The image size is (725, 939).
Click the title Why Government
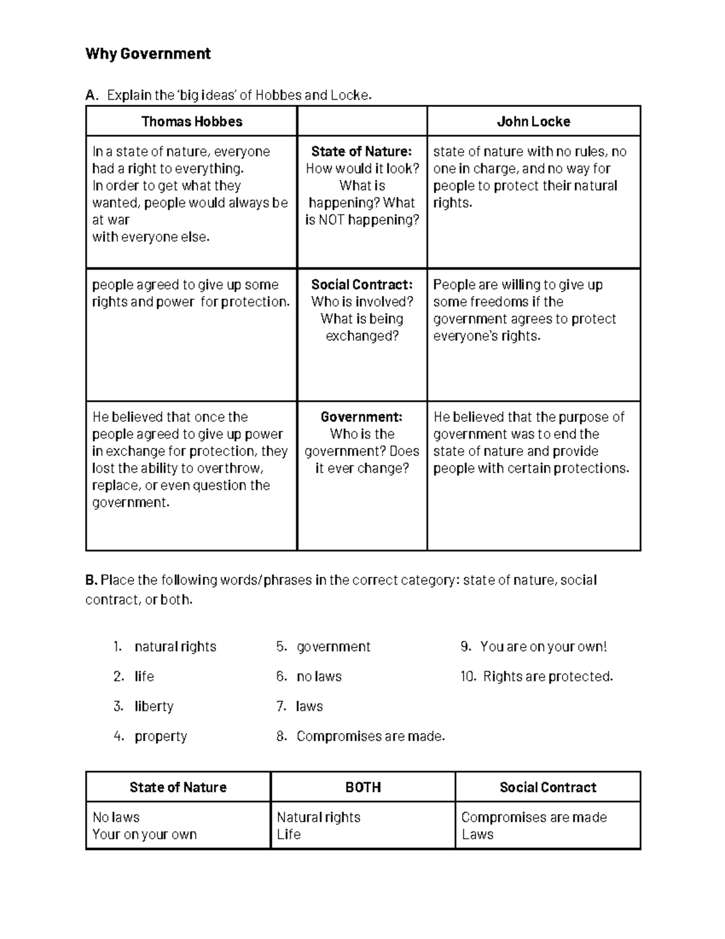pyautogui.click(x=148, y=54)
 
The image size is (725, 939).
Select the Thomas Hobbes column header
pyautogui.click(x=192, y=122)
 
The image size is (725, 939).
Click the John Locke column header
pyautogui.click(x=533, y=122)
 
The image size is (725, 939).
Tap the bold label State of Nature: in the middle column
pyautogui.click(x=361, y=151)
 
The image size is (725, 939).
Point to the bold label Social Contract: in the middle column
pyautogui.click(x=362, y=285)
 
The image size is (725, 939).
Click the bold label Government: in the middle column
pyautogui.click(x=361, y=417)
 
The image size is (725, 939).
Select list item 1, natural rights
pyautogui.click(x=175, y=646)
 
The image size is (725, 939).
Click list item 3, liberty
pyautogui.click(x=153, y=706)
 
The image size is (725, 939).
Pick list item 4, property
pyautogui.click(x=161, y=736)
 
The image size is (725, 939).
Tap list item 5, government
pyautogui.click(x=333, y=646)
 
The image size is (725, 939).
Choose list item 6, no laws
pyautogui.click(x=319, y=676)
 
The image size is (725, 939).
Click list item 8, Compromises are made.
pyautogui.click(x=370, y=736)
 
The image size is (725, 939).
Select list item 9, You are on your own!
pyautogui.click(x=543, y=646)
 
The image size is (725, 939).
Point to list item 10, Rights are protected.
pyautogui.click(x=547, y=676)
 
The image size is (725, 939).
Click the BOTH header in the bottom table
pyautogui.click(x=363, y=787)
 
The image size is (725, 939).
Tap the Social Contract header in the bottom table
pyautogui.click(x=547, y=787)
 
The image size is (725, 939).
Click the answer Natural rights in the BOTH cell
pyautogui.click(x=318, y=817)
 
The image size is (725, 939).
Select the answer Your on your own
pyautogui.click(x=144, y=834)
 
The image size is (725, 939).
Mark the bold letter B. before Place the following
pyautogui.click(x=91, y=580)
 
